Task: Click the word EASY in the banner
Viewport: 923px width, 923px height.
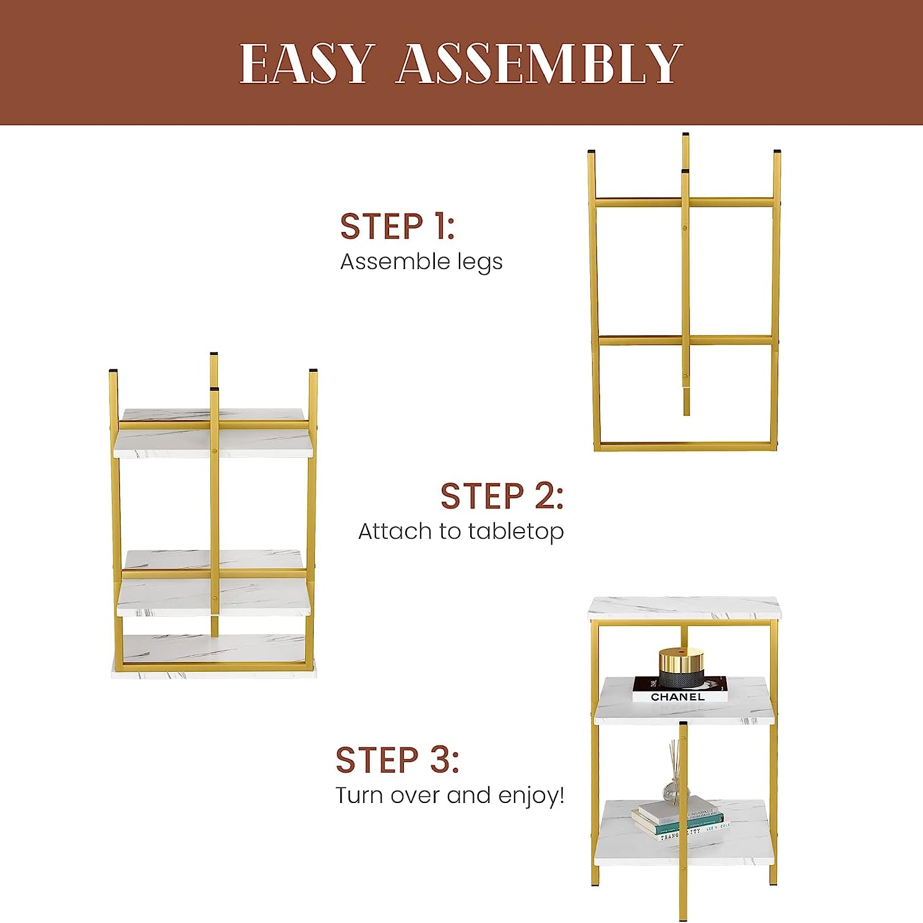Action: click(x=307, y=64)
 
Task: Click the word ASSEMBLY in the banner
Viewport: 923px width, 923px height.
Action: click(x=539, y=64)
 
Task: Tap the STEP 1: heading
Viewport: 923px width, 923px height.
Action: click(x=397, y=226)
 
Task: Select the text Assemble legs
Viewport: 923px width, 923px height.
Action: click(x=421, y=262)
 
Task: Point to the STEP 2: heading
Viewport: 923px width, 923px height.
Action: click(x=502, y=496)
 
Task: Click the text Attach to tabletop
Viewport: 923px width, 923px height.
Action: click(x=461, y=531)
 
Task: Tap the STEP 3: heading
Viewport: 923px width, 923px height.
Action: click(x=397, y=760)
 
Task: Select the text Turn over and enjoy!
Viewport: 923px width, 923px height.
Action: click(x=450, y=795)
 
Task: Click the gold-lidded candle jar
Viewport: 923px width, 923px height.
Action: click(x=680, y=667)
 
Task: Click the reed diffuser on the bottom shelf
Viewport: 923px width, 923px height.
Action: click(x=675, y=773)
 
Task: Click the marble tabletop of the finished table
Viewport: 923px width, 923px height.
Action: click(x=684, y=607)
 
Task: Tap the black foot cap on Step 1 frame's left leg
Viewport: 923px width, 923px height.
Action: click(x=592, y=152)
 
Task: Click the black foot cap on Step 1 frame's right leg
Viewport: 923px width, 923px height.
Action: click(x=777, y=152)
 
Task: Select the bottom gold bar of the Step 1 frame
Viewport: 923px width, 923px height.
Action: click(x=685, y=446)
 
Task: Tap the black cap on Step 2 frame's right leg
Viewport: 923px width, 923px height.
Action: click(x=313, y=371)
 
